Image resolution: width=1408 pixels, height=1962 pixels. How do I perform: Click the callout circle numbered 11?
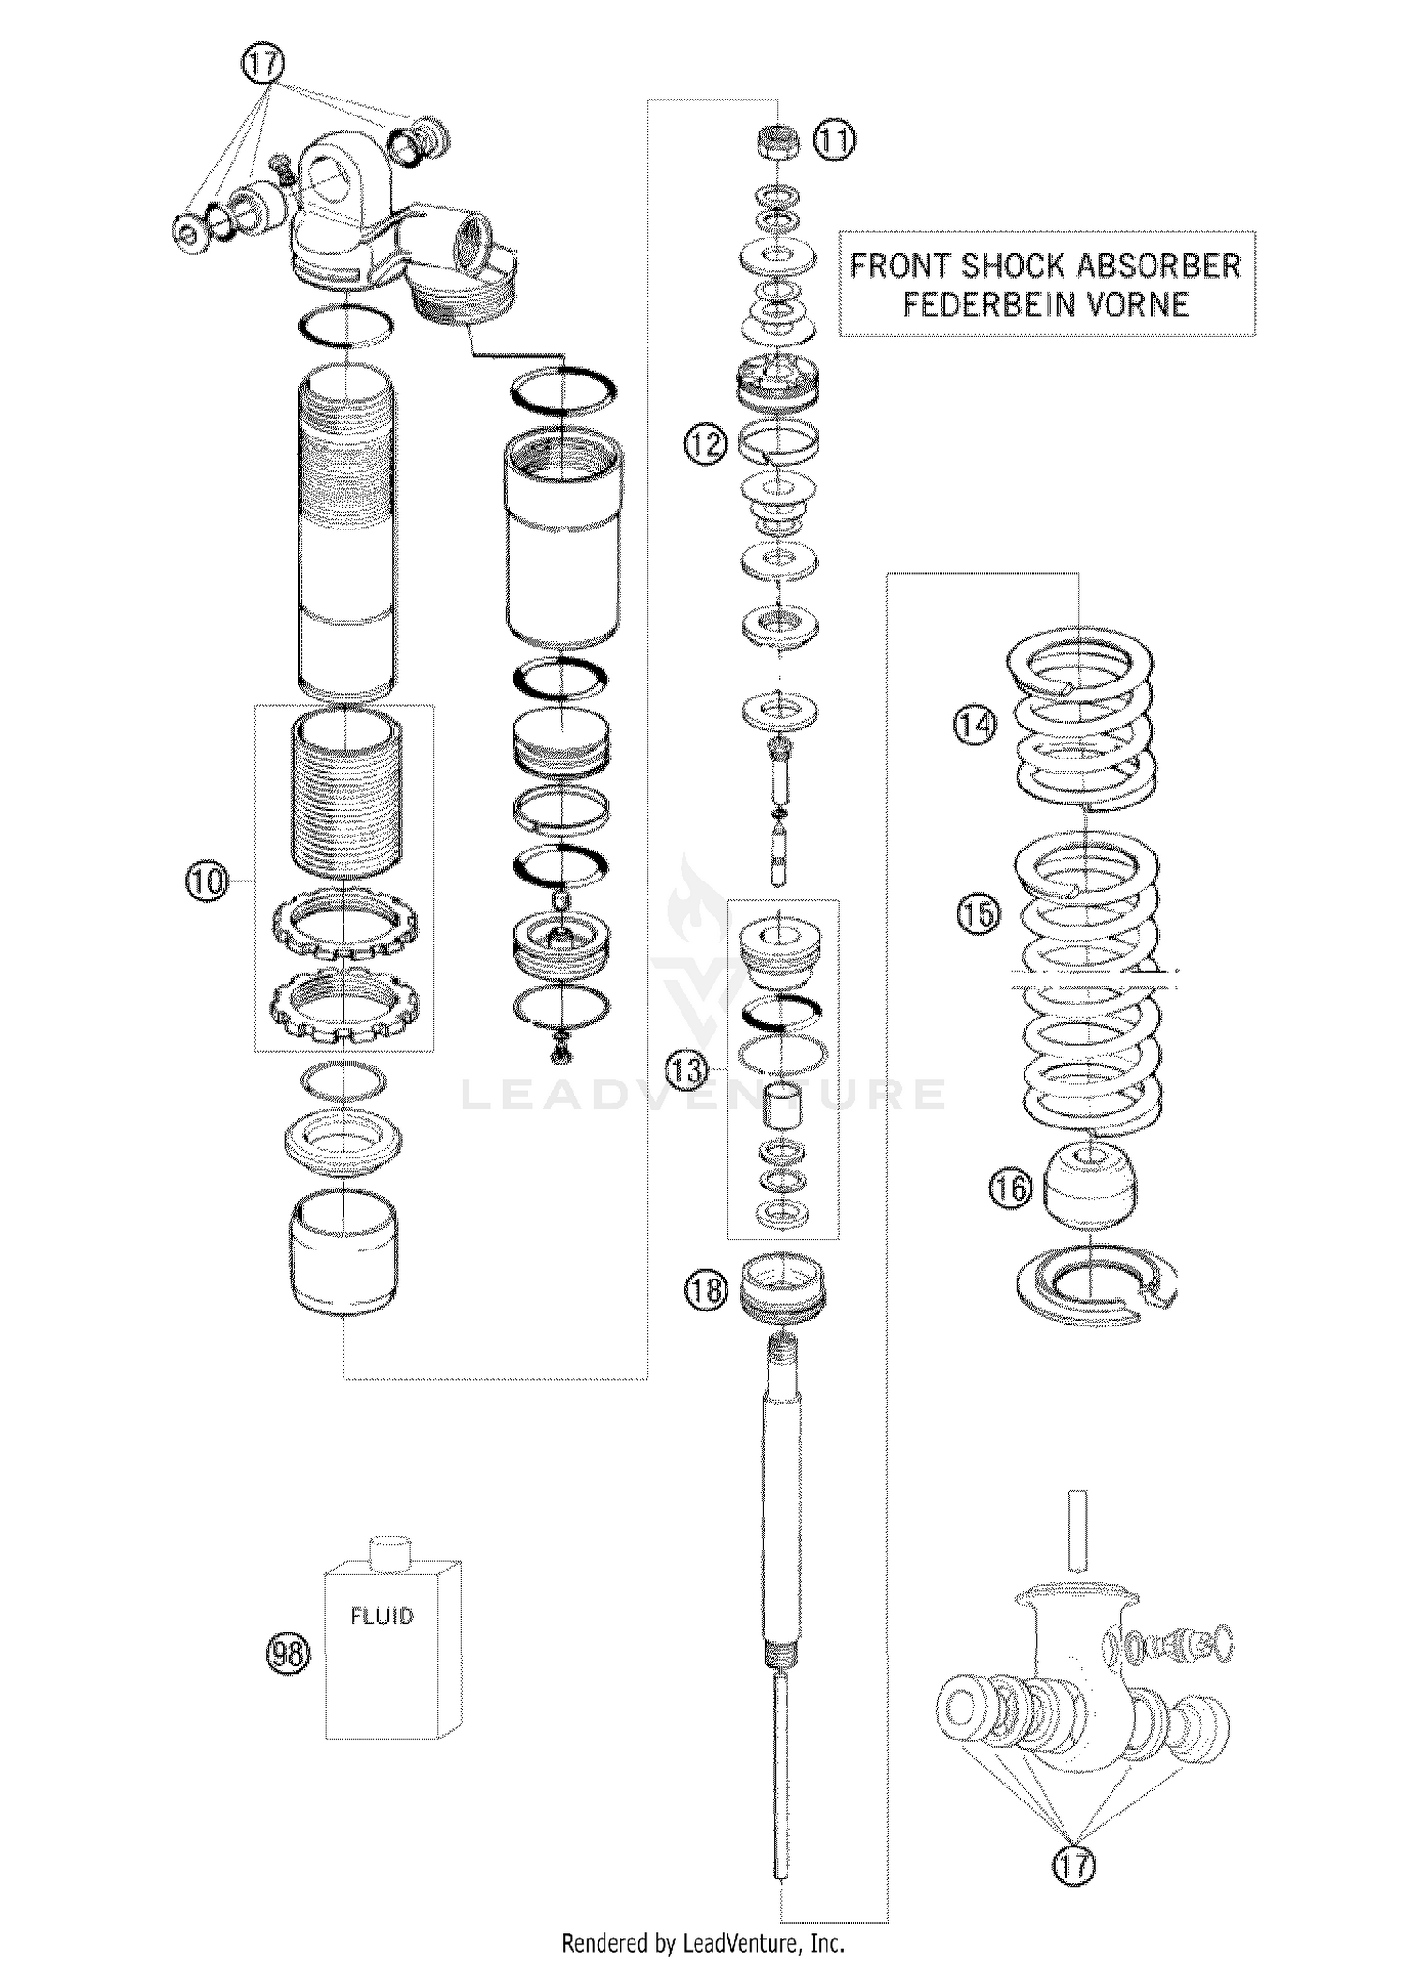pyautogui.click(x=834, y=142)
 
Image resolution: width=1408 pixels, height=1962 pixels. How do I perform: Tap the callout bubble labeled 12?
pyautogui.click(x=705, y=443)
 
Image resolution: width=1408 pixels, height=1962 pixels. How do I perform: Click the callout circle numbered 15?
pyautogui.click(x=978, y=912)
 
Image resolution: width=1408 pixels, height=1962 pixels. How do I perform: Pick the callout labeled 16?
pyautogui.click(x=1010, y=1189)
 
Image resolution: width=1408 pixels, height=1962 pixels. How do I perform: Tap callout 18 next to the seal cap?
pyautogui.click(x=706, y=1290)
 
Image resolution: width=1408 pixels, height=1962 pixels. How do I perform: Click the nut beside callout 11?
pyautogui.click(x=778, y=142)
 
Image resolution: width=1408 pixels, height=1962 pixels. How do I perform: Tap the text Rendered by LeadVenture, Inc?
pyautogui.click(x=703, y=1941)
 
